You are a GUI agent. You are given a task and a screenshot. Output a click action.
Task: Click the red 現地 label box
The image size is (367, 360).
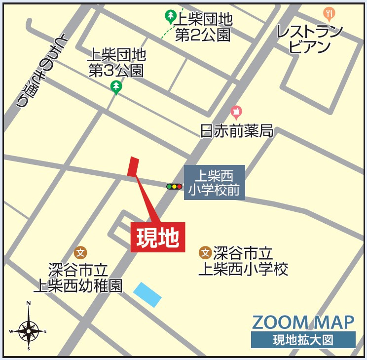click(158, 238)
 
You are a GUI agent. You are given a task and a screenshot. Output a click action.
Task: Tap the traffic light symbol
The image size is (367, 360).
click(174, 187)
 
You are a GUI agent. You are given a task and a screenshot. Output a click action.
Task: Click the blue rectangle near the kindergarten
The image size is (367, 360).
click(147, 294)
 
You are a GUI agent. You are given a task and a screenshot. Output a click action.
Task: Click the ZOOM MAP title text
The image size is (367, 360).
click(303, 322)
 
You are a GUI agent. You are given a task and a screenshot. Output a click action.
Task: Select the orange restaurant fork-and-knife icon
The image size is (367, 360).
click(329, 13)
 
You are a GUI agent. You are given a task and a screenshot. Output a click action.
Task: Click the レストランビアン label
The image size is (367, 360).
click(309, 39)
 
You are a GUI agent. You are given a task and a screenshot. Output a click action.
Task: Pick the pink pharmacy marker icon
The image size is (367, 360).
click(236, 112)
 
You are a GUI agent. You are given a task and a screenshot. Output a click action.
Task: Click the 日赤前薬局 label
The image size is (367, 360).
click(237, 131)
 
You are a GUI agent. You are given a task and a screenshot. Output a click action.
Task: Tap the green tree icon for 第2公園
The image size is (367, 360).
click(170, 17)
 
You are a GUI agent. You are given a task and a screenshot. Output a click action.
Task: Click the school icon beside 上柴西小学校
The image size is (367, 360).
click(205, 253)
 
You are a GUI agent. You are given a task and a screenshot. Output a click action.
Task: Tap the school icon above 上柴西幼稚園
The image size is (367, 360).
click(80, 253)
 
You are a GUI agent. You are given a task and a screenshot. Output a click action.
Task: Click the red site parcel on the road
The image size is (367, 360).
click(133, 166)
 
